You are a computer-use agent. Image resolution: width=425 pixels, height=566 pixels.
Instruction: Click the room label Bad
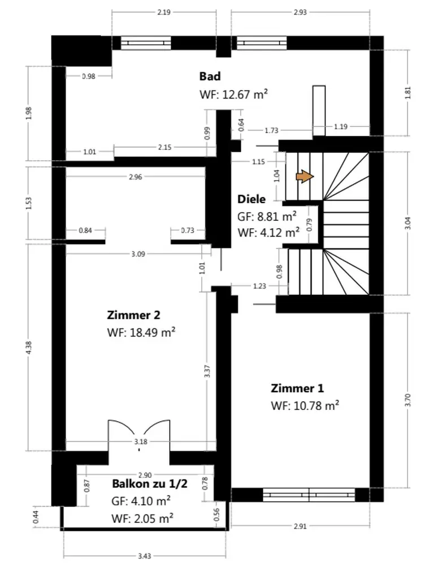click(x=210, y=76)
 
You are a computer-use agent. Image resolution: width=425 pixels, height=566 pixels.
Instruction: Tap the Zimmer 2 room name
click(x=133, y=315)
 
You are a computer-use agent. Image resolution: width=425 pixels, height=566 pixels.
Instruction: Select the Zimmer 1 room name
click(x=297, y=388)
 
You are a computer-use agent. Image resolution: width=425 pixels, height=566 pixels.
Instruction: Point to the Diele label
click(x=251, y=199)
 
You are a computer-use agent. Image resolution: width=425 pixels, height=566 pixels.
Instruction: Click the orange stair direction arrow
click(x=305, y=177)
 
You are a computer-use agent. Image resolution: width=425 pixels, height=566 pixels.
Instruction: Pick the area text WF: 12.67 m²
click(x=233, y=94)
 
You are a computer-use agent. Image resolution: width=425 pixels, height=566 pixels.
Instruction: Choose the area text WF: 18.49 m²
click(x=141, y=332)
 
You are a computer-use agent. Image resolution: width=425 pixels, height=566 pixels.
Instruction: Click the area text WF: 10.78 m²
click(x=305, y=405)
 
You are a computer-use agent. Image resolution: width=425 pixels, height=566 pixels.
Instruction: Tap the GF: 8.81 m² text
click(x=267, y=216)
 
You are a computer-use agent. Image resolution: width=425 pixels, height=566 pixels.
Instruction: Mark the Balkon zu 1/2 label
click(x=150, y=484)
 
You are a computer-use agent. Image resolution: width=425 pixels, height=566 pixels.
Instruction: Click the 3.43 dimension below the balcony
click(x=144, y=556)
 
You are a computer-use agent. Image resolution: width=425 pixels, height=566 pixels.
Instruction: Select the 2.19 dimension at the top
click(x=164, y=12)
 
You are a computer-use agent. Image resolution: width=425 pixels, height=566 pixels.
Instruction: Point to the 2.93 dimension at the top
click(x=300, y=12)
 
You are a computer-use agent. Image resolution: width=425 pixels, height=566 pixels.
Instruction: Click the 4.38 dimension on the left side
click(x=29, y=348)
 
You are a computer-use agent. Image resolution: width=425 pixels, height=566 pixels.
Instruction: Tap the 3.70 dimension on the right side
click(x=407, y=400)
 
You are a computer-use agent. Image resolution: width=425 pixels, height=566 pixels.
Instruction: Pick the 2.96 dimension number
click(x=135, y=177)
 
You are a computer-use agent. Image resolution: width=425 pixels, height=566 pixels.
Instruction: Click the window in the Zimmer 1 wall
click(x=309, y=495)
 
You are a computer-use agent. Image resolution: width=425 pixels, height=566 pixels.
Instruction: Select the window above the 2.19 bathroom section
click(x=145, y=43)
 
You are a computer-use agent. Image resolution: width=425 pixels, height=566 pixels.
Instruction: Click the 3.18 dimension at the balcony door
click(x=140, y=441)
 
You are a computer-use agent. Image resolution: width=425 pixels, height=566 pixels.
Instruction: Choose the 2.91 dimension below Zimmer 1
click(x=300, y=526)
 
